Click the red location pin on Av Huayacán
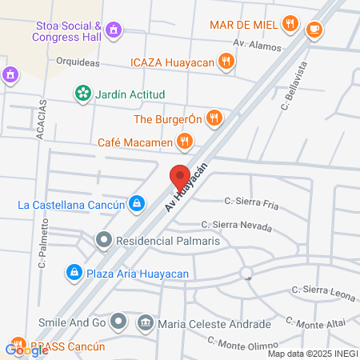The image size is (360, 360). coord(179,176)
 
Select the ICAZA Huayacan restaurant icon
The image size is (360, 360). coord(227,60)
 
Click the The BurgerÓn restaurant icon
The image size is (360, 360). coord(213,119)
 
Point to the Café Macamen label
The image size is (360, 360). coord(135,142)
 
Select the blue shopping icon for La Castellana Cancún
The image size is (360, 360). coord(138,204)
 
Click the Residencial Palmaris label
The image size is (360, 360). coord(167,240)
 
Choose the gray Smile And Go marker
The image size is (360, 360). coord(119,323)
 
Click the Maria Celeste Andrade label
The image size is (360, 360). coord(214,324)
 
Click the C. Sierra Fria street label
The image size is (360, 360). coord(252,203)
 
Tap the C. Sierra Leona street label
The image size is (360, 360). coord(322,292)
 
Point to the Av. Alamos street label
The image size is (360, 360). coord(257,45)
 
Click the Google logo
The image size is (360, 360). coord(26,350)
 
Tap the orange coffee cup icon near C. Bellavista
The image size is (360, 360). coord(314,29)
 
